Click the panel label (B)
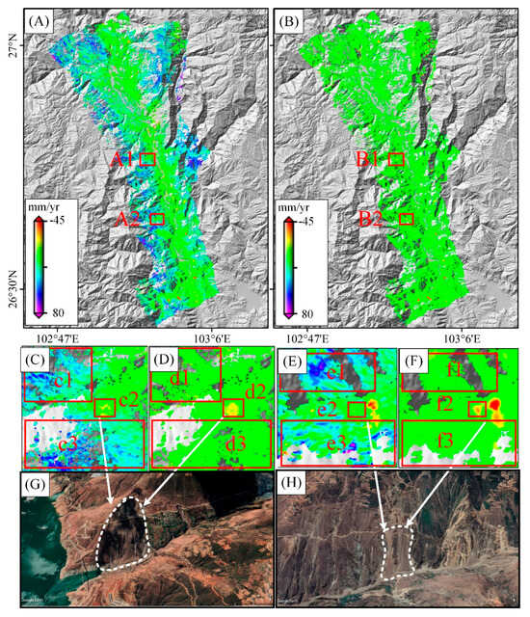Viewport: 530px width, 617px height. (x=295, y=19)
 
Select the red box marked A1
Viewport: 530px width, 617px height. (x=147, y=159)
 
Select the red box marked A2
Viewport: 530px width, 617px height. (x=158, y=220)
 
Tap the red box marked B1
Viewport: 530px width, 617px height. (x=395, y=159)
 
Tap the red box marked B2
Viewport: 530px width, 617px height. (x=406, y=220)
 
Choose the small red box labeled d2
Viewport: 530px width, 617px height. (x=231, y=408)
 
